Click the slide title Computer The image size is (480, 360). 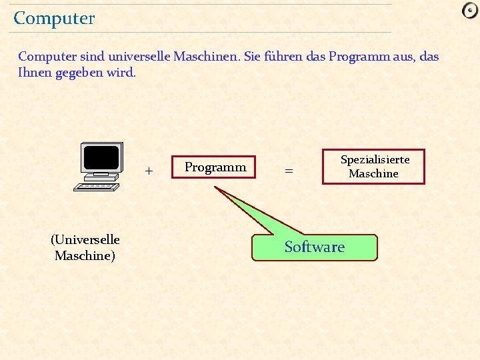point(54,19)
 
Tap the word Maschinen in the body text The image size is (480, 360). point(204,57)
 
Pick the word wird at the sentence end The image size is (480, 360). point(124,72)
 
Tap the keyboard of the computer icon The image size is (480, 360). point(96,187)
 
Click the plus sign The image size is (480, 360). point(149,171)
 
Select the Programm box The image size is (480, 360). point(214,167)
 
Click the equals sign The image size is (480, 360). point(289,171)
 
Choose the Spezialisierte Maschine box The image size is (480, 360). point(373,167)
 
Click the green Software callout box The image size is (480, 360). point(314,247)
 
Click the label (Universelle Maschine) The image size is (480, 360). point(85,247)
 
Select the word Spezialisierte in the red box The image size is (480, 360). point(375,160)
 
